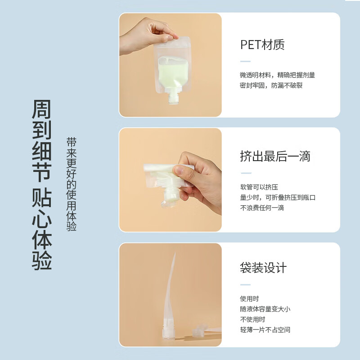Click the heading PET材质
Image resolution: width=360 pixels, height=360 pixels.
262,45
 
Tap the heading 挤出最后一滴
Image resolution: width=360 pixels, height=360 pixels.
275,156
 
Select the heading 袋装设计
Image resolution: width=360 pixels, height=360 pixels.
263,268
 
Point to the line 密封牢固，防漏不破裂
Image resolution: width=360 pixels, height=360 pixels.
271,85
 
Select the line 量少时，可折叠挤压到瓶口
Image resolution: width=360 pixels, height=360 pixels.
278,198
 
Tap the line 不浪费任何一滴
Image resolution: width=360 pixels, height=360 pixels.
262,208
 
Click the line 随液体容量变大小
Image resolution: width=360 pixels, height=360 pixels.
265,309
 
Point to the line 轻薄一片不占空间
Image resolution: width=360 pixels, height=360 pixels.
265,330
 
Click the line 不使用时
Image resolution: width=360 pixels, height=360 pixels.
252,319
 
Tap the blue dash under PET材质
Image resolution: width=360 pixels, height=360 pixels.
245,61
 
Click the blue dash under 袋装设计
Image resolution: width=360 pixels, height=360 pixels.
245,284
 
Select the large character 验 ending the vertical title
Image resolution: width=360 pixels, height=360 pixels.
41,260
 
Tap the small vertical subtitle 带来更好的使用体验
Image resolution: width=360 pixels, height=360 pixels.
72,184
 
